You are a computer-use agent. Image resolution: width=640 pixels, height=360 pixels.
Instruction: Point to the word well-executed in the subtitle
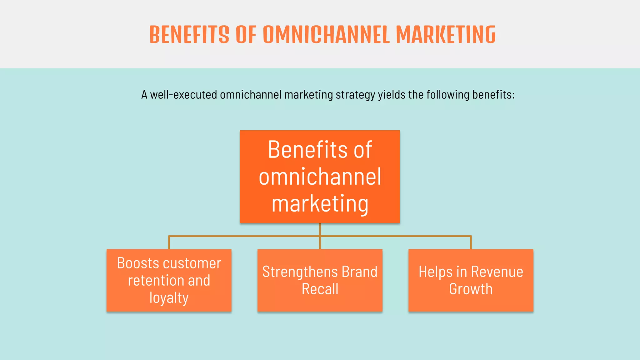click(183, 94)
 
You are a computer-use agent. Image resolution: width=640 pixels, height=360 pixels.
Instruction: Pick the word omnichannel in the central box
click(320, 177)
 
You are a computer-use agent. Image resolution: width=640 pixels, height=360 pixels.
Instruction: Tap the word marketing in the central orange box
click(320, 204)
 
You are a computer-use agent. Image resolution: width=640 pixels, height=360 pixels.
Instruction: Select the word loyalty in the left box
click(169, 297)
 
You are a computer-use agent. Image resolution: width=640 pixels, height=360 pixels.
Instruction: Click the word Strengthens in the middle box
click(300, 272)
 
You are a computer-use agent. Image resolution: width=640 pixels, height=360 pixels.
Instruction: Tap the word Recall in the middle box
click(320, 289)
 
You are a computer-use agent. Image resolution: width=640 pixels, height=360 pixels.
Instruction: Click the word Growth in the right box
click(471, 289)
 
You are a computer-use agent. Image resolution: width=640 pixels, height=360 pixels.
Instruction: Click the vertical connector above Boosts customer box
click(169, 242)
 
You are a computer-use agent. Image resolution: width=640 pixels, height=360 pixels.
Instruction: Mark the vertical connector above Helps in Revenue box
click(471, 242)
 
